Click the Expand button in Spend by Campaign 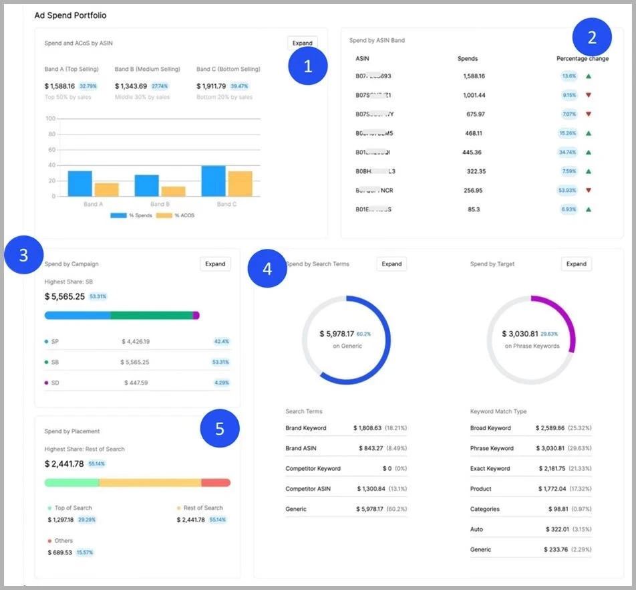[x=215, y=264]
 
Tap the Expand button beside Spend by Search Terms [x=391, y=264]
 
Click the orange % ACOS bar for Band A [x=107, y=189]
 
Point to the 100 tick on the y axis [x=50, y=119]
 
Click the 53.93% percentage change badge [x=569, y=190]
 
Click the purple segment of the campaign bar [x=196, y=315]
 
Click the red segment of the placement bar [x=216, y=482]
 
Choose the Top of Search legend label [x=73, y=508]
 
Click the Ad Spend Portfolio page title [x=70, y=15]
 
